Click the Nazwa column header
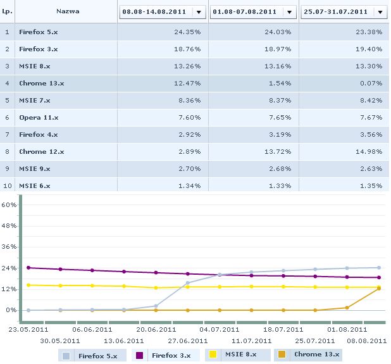coord(67,11)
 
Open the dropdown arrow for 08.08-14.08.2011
coord(199,12)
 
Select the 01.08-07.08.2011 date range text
coord(244,12)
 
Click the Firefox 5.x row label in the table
coord(38,31)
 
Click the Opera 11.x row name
coord(39,117)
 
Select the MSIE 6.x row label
coord(35,185)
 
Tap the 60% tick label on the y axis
coord(9,205)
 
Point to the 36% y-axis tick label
coord(9,248)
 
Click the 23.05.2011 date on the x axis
coord(30,329)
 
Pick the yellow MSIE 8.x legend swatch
coord(213,355)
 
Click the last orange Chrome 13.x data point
coord(379,289)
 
